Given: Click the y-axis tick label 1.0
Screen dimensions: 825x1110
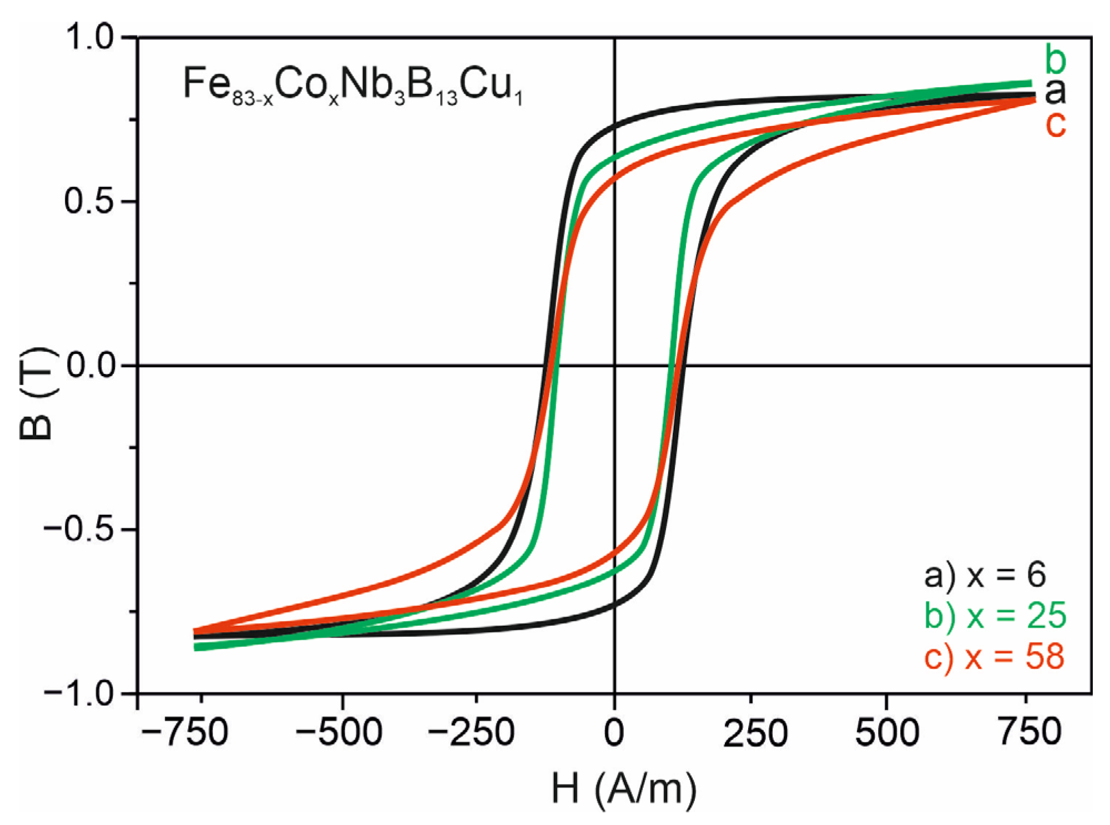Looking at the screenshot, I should coord(89,37).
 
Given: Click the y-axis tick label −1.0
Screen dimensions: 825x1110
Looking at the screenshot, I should coord(80,693).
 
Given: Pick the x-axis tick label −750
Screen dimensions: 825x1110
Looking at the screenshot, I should coord(184,732).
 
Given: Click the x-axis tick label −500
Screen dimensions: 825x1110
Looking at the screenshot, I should coord(338,732).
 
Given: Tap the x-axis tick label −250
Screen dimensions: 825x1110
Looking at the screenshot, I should coord(471,732).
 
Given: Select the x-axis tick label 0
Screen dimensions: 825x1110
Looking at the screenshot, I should coord(614,732).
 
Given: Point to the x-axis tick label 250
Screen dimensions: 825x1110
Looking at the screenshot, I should coord(755,732).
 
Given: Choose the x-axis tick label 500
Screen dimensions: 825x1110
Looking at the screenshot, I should coord(887,732).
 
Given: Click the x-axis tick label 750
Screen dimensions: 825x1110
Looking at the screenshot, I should coord(1030,732).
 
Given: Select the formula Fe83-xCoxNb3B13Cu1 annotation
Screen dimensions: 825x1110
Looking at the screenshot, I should coord(353,87).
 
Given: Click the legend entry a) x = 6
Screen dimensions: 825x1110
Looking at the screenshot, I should coord(985,575).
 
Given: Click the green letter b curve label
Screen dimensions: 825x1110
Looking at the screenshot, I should coord(1055,59).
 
